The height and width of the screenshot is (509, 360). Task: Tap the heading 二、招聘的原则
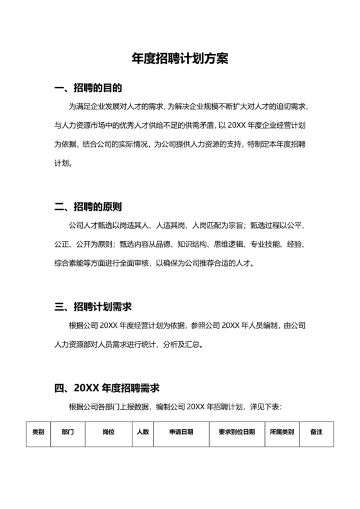88,207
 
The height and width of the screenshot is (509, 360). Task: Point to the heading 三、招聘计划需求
93,306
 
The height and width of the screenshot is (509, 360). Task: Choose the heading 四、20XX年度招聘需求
107,388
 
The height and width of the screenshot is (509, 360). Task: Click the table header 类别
38,432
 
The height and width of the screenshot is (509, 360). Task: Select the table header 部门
67,432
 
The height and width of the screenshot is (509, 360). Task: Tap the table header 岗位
109,432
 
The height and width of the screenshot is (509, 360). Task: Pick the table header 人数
143,432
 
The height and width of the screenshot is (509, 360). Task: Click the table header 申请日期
181,432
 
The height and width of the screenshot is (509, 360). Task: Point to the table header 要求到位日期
237,432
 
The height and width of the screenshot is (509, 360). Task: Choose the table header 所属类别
282,432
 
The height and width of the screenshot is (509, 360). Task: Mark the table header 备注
316,432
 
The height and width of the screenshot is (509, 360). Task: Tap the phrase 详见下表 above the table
264,407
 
